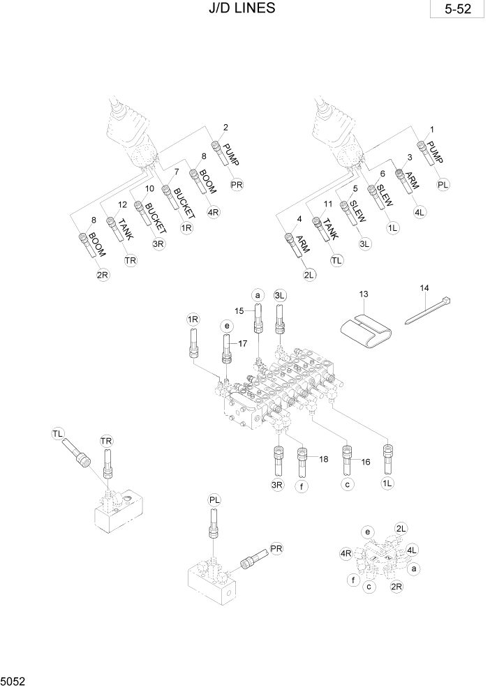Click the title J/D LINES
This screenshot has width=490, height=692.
(241, 8)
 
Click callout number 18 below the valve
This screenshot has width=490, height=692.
(323, 458)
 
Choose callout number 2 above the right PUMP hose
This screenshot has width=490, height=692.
(225, 127)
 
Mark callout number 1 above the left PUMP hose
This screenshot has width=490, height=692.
(432, 130)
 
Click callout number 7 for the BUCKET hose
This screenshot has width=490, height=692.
(177, 172)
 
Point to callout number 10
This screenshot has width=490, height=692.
(149, 188)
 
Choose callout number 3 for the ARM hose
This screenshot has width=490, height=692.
(410, 158)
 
